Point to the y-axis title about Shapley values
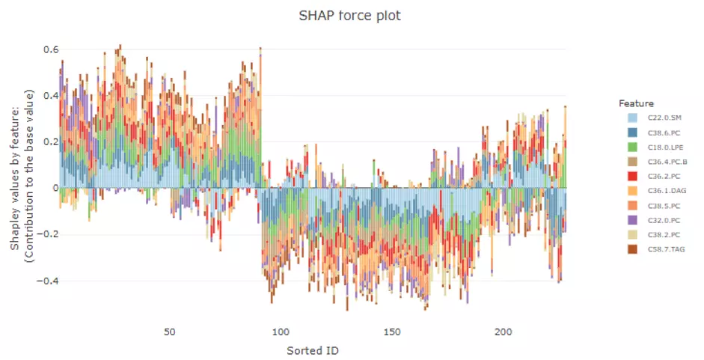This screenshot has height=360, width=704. click(23, 177)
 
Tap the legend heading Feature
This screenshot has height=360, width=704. click(636, 103)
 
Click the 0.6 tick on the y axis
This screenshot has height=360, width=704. click(50, 49)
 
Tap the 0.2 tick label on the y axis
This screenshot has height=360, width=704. click(50, 142)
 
